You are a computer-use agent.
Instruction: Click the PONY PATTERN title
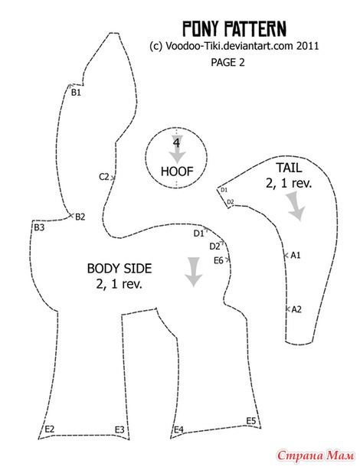tap(234, 29)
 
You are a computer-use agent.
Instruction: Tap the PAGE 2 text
tap(227, 62)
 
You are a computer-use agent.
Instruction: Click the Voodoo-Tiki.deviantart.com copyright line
tap(234, 46)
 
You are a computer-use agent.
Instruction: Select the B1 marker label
tap(76, 93)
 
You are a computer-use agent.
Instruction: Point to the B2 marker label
tap(80, 217)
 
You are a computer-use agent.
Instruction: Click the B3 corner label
tap(39, 227)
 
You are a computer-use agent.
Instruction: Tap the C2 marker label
tap(104, 177)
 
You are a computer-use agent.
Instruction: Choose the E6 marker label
tap(218, 260)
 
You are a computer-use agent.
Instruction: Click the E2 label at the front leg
tap(50, 429)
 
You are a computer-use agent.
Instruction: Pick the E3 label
tap(119, 429)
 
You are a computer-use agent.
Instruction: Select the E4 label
tap(178, 429)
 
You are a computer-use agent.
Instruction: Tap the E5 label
tap(251, 421)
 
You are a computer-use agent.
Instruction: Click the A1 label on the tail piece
tap(296, 255)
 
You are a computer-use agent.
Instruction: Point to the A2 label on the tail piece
tap(296, 309)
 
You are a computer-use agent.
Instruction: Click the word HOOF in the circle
tap(177, 171)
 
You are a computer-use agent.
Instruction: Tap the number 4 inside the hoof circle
tap(176, 143)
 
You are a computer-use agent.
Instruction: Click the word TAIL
tap(289, 168)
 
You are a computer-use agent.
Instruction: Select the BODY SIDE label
tap(119, 269)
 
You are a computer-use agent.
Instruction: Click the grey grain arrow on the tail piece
tap(296, 207)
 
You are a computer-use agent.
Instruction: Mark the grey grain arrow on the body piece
tap(194, 272)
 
